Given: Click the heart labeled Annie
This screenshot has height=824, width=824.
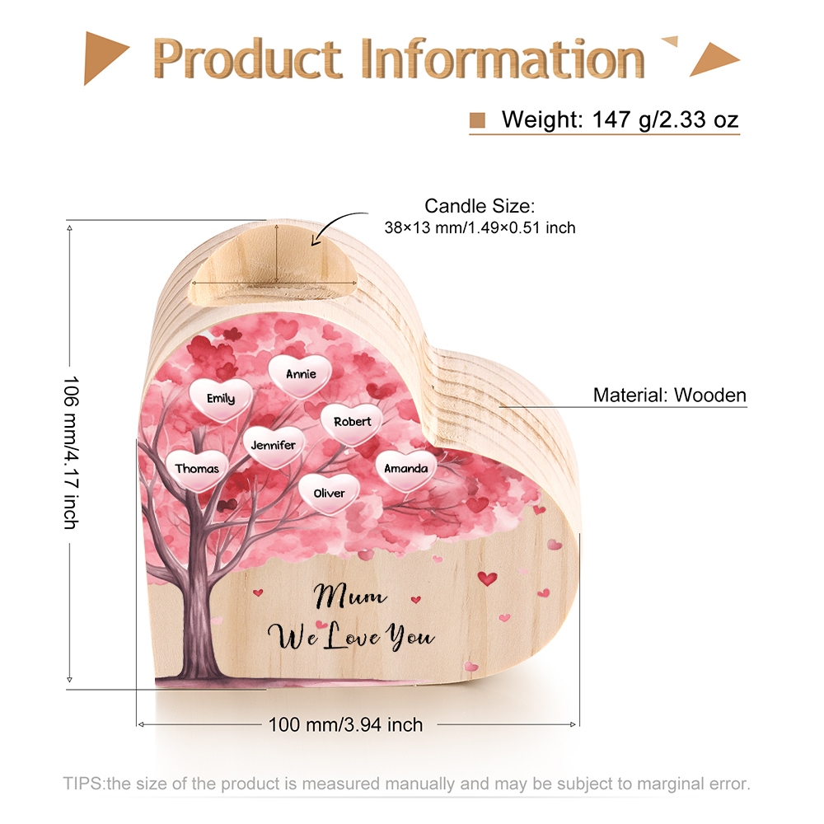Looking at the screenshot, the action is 300,375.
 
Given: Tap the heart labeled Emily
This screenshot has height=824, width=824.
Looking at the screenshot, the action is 221,400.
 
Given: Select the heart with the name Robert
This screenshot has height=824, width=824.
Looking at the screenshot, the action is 352,423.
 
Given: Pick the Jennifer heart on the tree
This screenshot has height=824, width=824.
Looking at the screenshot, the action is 274,446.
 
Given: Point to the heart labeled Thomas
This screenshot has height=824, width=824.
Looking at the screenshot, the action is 197,470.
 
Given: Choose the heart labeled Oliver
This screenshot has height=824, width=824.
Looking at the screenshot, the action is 329,494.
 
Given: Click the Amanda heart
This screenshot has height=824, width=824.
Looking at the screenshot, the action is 405,470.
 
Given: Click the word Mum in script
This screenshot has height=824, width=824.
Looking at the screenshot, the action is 350,597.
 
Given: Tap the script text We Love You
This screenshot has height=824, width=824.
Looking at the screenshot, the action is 351,636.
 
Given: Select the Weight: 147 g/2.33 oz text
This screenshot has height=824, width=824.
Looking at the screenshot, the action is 620,119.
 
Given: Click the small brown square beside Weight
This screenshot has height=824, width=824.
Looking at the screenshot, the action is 477,120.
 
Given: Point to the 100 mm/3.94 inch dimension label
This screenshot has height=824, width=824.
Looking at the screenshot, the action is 345,724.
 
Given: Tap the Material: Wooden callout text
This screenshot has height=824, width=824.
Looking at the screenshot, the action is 669,395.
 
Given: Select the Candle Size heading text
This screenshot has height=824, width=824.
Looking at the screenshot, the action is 480,206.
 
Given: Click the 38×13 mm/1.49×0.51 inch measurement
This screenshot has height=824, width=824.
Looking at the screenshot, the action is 480,228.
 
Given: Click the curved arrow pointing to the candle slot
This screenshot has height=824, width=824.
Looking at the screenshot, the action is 333,221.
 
